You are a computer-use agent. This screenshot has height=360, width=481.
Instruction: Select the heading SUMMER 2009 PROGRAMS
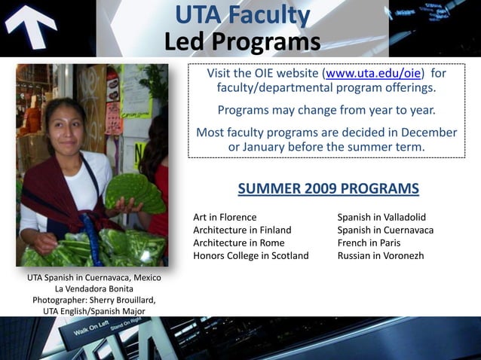click(328, 188)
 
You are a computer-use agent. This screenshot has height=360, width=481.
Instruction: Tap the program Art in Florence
click(225, 217)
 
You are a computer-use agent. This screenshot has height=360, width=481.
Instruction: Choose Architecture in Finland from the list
click(242, 230)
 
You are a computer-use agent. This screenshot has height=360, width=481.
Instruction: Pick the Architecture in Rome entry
click(238, 243)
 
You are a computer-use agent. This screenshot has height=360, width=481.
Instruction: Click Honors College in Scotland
click(251, 255)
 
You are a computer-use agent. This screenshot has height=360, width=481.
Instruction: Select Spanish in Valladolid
click(381, 217)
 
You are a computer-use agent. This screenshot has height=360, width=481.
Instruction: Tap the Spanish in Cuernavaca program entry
click(385, 230)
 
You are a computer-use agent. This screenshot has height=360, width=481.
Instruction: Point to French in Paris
click(369, 243)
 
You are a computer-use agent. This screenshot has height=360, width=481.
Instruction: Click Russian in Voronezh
click(381, 255)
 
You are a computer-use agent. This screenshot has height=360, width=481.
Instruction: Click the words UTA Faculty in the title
click(242, 15)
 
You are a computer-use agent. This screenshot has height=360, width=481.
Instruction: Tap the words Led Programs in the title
click(242, 42)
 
